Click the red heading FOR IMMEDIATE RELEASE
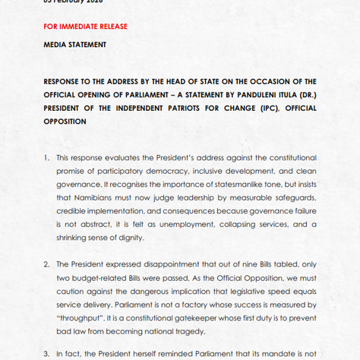[x=85, y=26]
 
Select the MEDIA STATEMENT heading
[x=74, y=45]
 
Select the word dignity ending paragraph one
[x=137, y=238]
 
